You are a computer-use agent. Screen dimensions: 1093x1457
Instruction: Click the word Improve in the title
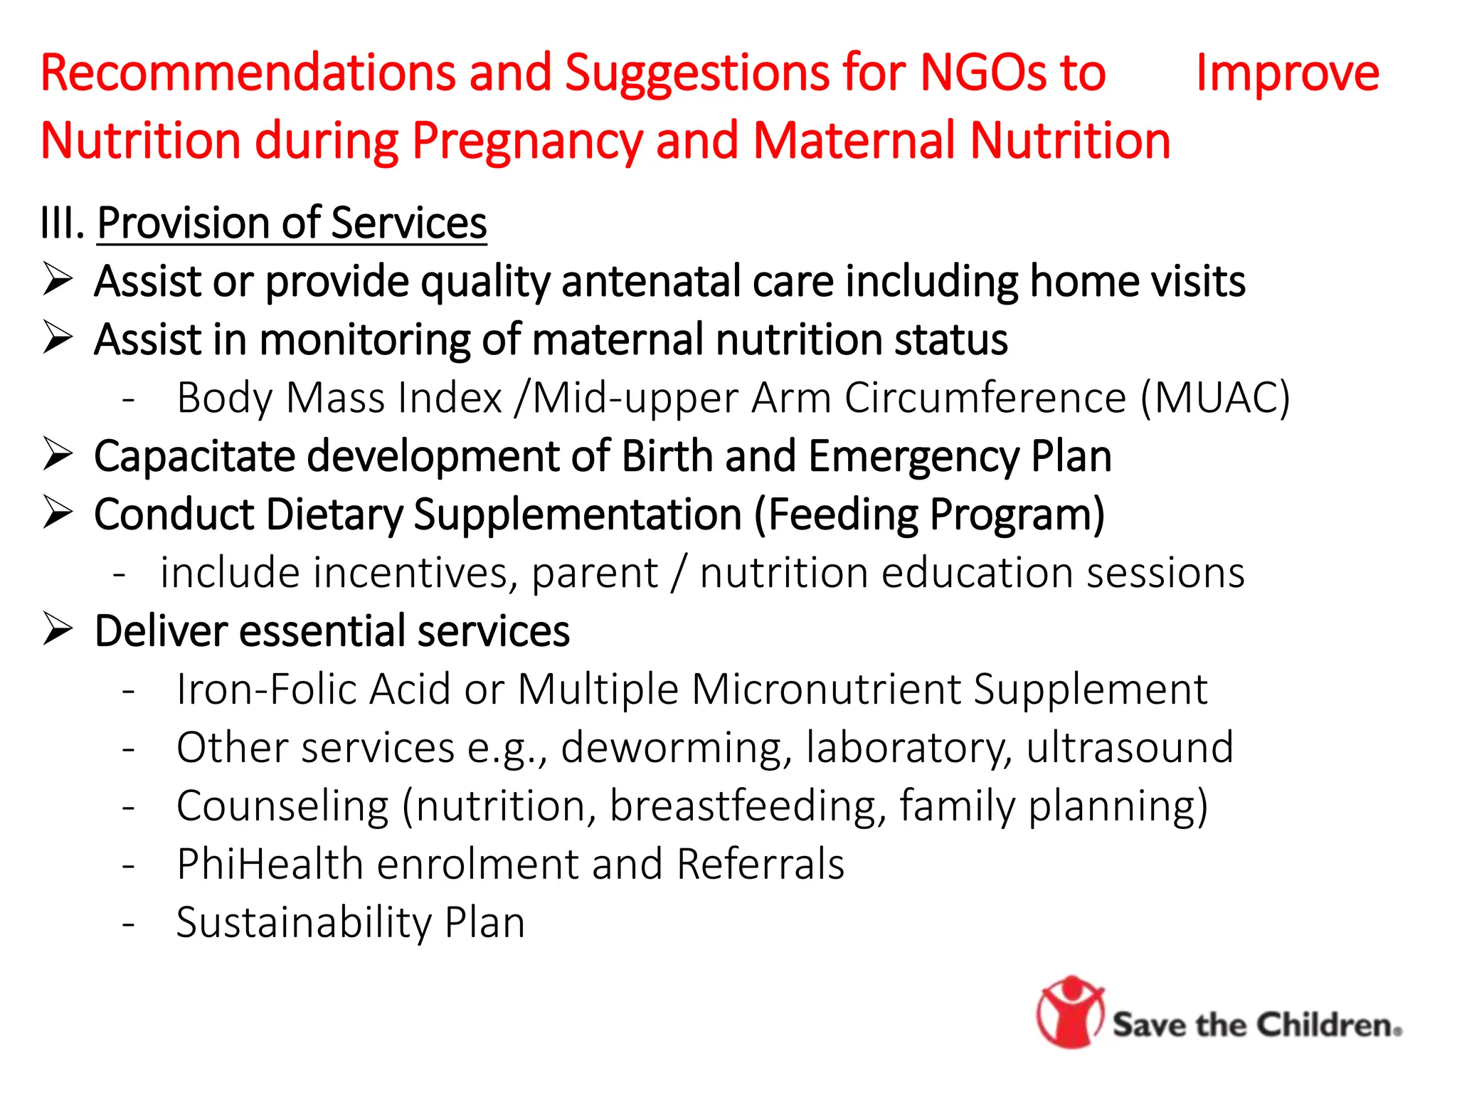(1287, 73)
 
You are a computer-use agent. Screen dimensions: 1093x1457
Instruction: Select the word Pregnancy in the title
(526, 141)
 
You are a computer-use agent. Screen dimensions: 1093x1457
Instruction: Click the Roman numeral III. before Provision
(63, 223)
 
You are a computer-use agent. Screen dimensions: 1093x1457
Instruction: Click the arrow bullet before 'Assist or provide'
(58, 279)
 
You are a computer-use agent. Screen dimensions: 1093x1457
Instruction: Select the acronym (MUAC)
(1214, 397)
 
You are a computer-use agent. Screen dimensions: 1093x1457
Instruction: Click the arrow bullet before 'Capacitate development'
(58, 454)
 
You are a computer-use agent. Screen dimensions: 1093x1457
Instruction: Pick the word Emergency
(913, 456)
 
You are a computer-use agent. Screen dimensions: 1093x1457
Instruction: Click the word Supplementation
(578, 514)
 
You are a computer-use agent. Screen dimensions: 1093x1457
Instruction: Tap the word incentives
(410, 573)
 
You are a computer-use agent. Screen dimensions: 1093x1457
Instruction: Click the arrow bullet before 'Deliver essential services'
(58, 629)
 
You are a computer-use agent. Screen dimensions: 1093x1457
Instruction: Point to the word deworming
(676, 748)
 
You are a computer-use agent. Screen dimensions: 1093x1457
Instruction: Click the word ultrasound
(1129, 748)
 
